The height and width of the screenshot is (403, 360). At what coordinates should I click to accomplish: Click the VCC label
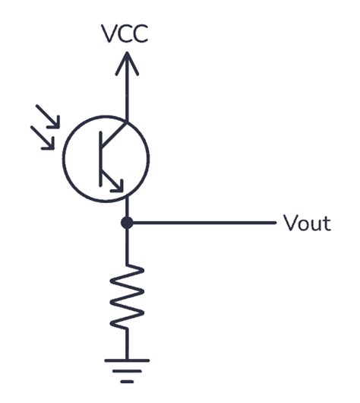click(x=127, y=33)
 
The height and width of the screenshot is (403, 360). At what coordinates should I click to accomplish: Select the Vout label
click(x=307, y=223)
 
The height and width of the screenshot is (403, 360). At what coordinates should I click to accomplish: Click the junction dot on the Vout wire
click(x=127, y=223)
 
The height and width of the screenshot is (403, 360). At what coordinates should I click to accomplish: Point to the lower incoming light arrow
click(x=43, y=138)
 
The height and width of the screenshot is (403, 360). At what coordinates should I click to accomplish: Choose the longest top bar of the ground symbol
click(x=127, y=360)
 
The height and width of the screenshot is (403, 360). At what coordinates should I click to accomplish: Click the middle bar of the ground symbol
click(x=127, y=370)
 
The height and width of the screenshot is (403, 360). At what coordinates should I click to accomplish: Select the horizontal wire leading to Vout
click(x=201, y=223)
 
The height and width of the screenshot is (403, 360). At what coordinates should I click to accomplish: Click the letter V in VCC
click(x=110, y=33)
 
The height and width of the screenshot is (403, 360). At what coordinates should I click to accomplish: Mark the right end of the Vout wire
click(x=272, y=223)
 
